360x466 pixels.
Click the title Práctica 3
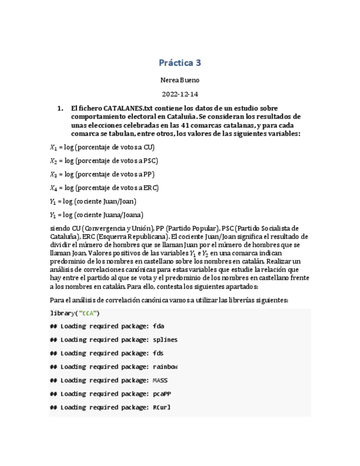(180, 63)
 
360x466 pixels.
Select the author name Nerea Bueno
(180, 80)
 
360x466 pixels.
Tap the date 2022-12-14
(180, 95)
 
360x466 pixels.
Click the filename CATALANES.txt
(120, 109)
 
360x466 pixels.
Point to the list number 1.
(60, 109)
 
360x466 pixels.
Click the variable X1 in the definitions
(53, 147)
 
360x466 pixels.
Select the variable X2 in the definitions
(53, 161)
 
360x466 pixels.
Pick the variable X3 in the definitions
(53, 174)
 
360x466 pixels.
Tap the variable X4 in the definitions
(53, 188)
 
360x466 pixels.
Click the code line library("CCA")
(75, 313)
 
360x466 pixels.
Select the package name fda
(158, 326)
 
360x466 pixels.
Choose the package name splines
(165, 340)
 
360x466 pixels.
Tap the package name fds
(158, 353)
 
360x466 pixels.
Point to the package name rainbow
(165, 367)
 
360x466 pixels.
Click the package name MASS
(160, 380)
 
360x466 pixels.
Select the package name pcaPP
(163, 394)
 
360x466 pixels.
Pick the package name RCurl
(163, 408)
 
